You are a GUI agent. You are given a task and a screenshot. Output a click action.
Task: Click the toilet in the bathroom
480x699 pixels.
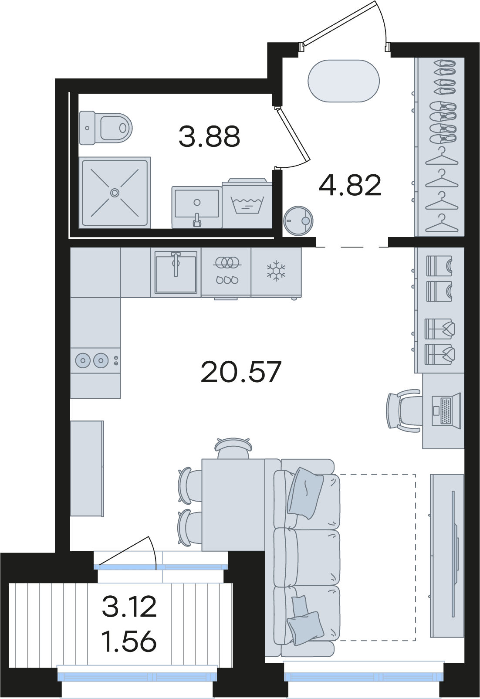pos(105,128)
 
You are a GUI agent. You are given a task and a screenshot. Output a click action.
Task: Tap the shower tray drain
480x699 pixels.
pos(115,193)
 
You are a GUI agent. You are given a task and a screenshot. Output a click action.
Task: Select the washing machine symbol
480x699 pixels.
pos(247,203)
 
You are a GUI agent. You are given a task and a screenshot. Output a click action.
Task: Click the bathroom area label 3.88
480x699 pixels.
pos(209,136)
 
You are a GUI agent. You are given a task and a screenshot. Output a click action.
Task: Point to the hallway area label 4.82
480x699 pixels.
pos(350,185)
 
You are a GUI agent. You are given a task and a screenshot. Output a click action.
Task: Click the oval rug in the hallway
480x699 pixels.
pos(344,81)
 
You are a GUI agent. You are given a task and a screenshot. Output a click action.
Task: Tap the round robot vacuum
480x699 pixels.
pos(298,221)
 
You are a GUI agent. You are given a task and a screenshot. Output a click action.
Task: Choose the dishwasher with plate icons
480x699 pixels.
pos(226,272)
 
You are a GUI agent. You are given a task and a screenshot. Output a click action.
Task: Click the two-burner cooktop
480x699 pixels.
pos(95,360)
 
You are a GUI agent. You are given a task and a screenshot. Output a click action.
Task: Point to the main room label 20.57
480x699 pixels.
pos(241,372)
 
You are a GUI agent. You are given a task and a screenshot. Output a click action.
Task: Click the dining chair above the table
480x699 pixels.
pos(233,448)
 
